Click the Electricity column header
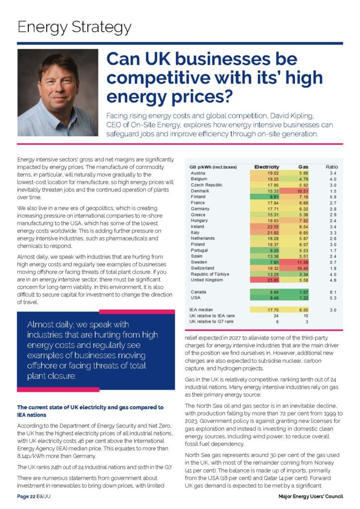click(267, 167)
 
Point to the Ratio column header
click(332, 167)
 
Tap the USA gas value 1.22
click(303, 298)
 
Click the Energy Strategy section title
click(75, 27)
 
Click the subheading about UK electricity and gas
click(90, 411)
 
